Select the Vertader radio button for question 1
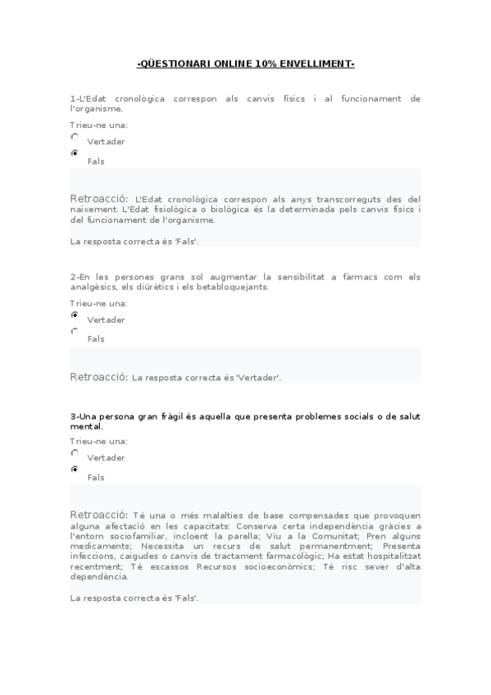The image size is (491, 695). tap(75, 138)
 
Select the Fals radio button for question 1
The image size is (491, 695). tap(75, 153)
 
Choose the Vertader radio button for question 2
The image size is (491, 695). tap(75, 315)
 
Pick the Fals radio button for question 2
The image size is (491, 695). tap(75, 331)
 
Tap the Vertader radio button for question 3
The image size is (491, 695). tap(75, 452)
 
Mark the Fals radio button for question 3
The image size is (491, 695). tap(75, 470)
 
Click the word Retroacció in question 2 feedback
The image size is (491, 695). tap(98, 377)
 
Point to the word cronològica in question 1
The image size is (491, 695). tap(139, 99)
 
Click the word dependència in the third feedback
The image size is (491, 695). tap(100, 576)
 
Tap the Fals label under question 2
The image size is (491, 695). tap(96, 339)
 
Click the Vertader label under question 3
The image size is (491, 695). tap(106, 458)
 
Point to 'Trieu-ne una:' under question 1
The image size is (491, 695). tap(98, 125)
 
